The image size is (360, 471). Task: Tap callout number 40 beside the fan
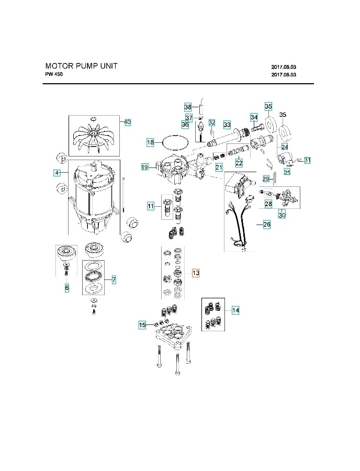pyautogui.click(x=127, y=122)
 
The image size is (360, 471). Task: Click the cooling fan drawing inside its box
pyautogui.click(x=94, y=135)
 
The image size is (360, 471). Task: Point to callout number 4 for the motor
pyautogui.click(x=56, y=173)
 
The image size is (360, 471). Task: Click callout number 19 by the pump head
pyautogui.click(x=145, y=167)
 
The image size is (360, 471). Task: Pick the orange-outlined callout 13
pyautogui.click(x=195, y=273)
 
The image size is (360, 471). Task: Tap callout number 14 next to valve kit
pyautogui.click(x=235, y=311)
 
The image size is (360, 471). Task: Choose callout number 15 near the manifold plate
pyautogui.click(x=142, y=326)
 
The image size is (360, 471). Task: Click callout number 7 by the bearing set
pyautogui.click(x=114, y=280)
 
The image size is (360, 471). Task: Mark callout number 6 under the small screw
pyautogui.click(x=67, y=288)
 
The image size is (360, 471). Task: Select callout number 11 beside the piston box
pyautogui.click(x=150, y=207)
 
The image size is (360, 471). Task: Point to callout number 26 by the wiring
pyautogui.click(x=266, y=225)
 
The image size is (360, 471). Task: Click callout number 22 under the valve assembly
pyautogui.click(x=239, y=163)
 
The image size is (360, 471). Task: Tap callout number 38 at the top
pyautogui.click(x=188, y=107)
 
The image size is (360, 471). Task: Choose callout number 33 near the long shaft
pyautogui.click(x=227, y=125)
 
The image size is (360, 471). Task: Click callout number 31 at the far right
pyautogui.click(x=307, y=160)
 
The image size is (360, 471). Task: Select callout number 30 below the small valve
pyautogui.click(x=282, y=215)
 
